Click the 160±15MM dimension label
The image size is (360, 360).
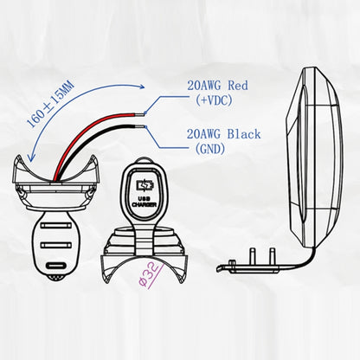click(x=50, y=105)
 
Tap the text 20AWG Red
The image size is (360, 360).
click(x=217, y=86)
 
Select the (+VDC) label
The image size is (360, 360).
click(x=214, y=100)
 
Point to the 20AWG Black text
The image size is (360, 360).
click(x=223, y=134)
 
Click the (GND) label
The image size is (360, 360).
click(x=210, y=149)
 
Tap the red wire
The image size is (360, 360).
click(x=85, y=132)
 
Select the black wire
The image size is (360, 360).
click(x=89, y=145)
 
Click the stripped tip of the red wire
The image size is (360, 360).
click(x=140, y=113)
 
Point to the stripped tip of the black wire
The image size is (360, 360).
click(x=140, y=126)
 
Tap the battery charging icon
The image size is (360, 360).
click(x=145, y=186)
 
